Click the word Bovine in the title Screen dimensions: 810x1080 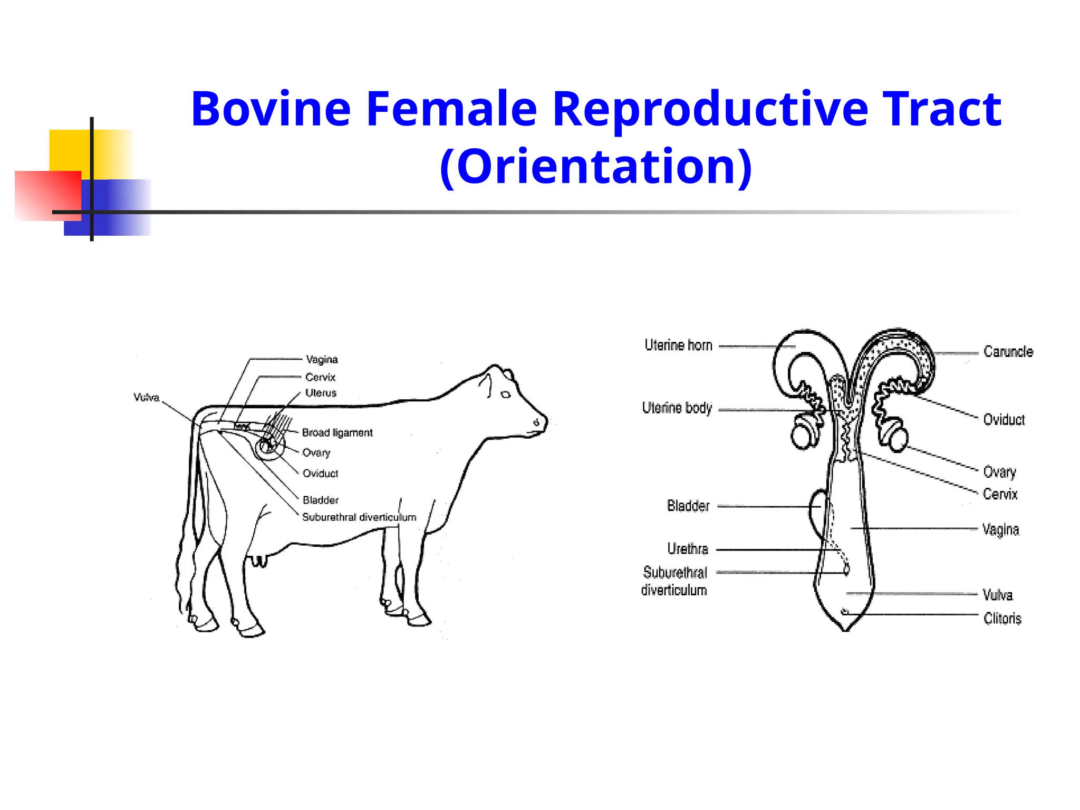(x=271, y=109)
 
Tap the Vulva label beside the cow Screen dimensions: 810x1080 (x=146, y=398)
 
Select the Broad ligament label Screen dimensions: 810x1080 (x=337, y=433)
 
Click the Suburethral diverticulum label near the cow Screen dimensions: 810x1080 (x=359, y=517)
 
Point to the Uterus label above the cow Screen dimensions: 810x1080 (x=321, y=393)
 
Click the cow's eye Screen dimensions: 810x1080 (x=505, y=394)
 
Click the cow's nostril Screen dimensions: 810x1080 (x=536, y=422)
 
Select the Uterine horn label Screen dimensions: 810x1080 (x=678, y=345)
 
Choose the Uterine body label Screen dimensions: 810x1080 (x=677, y=408)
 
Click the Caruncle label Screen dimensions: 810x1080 (x=1008, y=352)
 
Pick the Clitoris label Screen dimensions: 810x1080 (x=1002, y=619)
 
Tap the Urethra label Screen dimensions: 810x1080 (x=688, y=549)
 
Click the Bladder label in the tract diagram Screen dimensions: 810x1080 (x=688, y=506)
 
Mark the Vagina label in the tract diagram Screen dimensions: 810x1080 (x=1000, y=529)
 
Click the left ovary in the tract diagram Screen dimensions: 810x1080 (x=804, y=433)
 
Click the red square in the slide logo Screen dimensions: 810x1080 (x=47, y=195)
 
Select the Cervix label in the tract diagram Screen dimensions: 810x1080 (x=1000, y=495)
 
